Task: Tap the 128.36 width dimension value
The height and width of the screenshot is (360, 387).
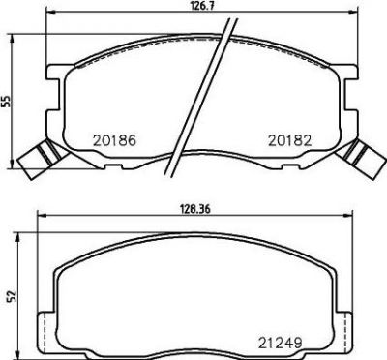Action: pos(194,209)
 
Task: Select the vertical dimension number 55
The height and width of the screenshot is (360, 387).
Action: pos(7,101)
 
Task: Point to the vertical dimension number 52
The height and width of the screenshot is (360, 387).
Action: pos(12,297)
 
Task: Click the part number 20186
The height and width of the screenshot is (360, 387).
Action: pos(115,140)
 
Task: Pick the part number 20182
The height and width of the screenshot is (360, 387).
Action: pos(290,140)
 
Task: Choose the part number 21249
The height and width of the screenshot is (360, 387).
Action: pos(280,343)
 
